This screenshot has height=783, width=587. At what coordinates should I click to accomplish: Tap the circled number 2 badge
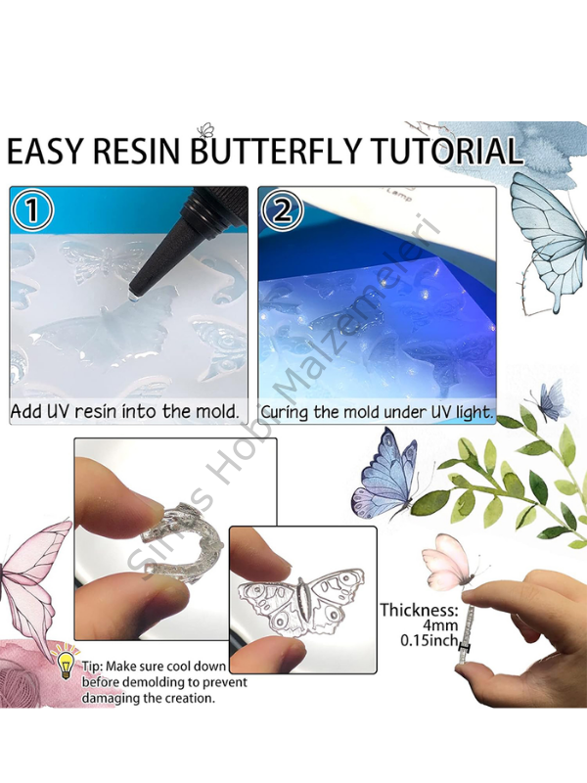click(x=284, y=210)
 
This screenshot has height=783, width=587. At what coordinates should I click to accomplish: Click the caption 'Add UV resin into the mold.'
click(x=125, y=411)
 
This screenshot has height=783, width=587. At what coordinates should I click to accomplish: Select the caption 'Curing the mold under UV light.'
click(x=377, y=412)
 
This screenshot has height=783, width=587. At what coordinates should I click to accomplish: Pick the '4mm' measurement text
click(x=430, y=627)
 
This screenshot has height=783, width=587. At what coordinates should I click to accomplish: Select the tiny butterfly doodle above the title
click(x=205, y=129)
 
